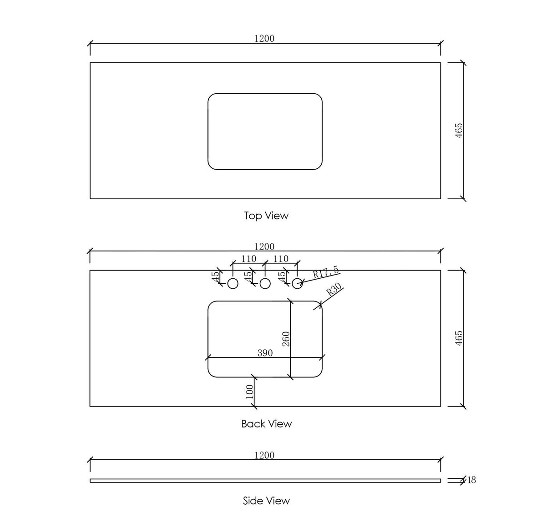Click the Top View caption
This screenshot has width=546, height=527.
pos(266,216)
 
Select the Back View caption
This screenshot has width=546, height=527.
pos(266,424)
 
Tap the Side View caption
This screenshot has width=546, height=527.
pos(266,501)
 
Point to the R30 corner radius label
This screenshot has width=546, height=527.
pos(334,289)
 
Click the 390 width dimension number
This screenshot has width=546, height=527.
pos(265,353)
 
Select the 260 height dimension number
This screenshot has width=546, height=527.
pos(286,339)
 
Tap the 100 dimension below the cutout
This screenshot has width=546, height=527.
pos(249,391)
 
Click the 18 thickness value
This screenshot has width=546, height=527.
pos(472,480)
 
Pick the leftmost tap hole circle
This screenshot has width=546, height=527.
pos(233,284)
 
